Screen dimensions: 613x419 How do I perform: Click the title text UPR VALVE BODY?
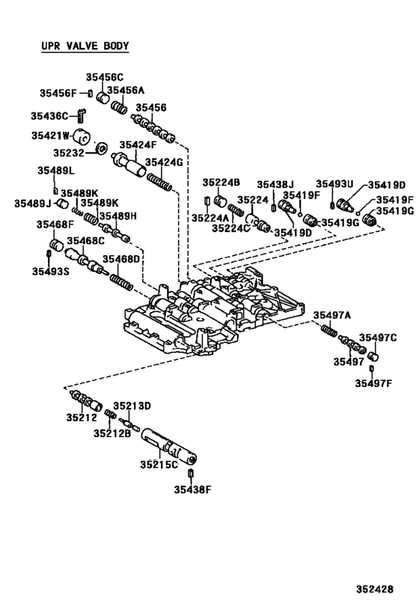click(85, 46)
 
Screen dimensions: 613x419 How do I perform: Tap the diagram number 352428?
click(374, 589)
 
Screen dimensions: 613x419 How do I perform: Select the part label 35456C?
click(104, 77)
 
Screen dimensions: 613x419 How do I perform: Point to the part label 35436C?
click(49, 115)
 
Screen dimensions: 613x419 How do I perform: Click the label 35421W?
click(50, 135)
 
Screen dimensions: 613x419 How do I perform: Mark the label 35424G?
click(164, 162)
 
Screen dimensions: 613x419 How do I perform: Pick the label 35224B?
click(221, 183)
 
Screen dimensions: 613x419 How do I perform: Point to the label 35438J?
click(276, 184)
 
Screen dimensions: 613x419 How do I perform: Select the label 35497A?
click(332, 314)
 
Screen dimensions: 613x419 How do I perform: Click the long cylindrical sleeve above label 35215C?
click(168, 446)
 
